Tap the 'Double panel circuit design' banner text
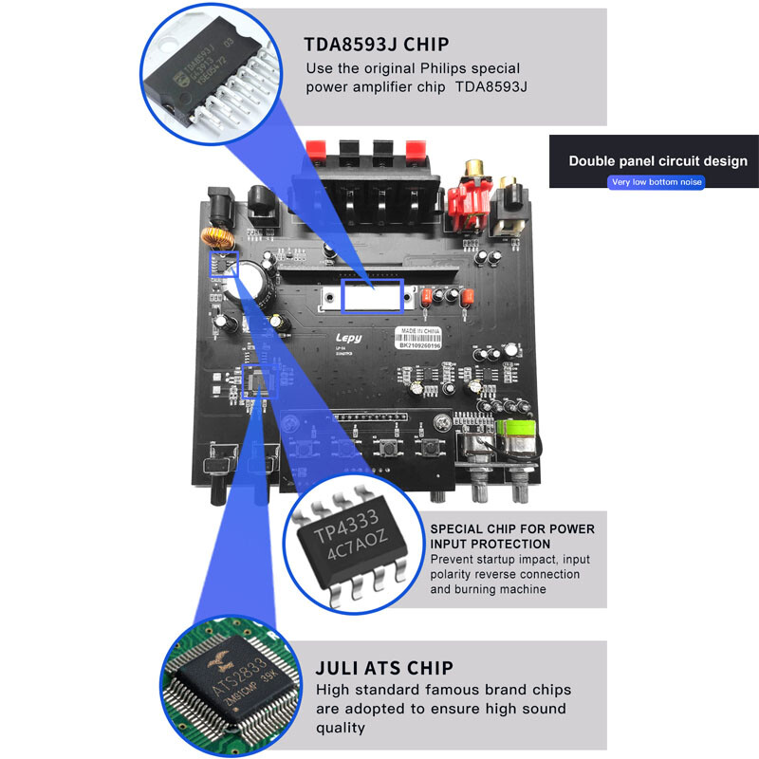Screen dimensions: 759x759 coord(657,160)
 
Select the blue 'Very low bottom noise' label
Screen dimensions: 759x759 coord(657,181)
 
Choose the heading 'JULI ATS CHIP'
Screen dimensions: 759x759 coord(384,667)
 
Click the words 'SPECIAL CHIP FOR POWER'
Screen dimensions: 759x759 coord(512,528)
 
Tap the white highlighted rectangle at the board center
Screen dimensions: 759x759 coord(372,297)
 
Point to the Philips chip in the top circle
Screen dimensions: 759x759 coord(204,81)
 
